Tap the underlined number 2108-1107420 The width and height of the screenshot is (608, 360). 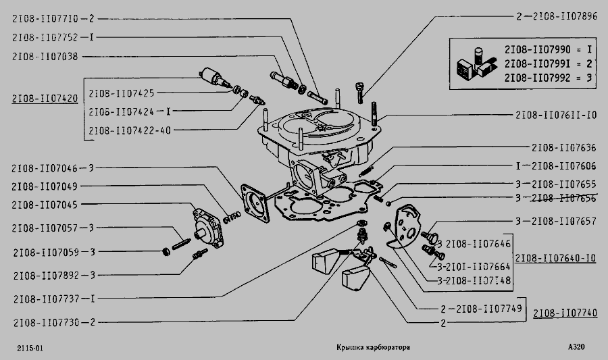[45, 99]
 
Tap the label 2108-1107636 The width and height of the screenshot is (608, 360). [565, 147]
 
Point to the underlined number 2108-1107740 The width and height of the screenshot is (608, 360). [565, 313]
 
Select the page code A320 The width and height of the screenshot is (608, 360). [576, 347]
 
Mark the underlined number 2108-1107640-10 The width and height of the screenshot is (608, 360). [556, 258]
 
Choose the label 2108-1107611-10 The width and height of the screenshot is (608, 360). [556, 115]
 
